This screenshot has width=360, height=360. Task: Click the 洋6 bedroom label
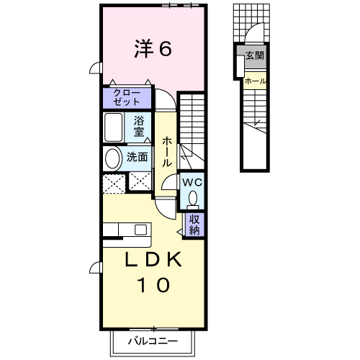coord(153,48)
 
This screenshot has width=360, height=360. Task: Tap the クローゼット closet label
coord(127,97)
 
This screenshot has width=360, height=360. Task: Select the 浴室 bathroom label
coord(140,127)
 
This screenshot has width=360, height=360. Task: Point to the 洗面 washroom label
coord(138,156)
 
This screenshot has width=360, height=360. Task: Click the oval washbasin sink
coord(113,158)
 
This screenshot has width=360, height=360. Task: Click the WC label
coord(192,182)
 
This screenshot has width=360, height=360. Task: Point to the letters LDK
coord(153,260)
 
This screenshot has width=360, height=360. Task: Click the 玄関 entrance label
coord(254,55)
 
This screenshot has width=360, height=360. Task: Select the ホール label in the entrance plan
coord(253,81)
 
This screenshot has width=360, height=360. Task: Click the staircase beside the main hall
coord(192,130)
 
